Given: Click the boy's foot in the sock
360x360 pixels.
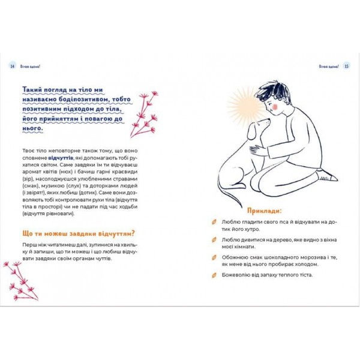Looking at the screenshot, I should pos(324,176).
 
